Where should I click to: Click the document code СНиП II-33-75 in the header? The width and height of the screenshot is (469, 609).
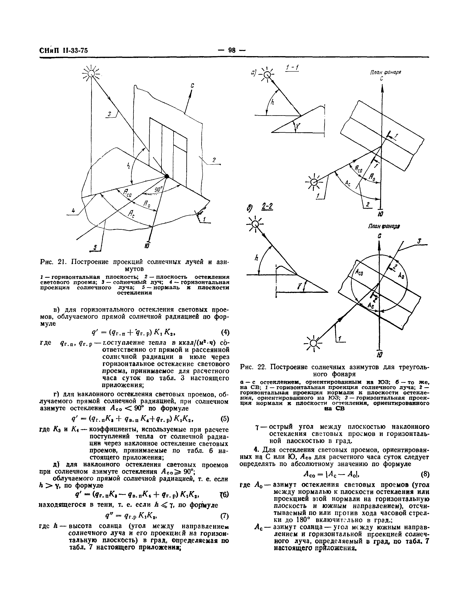pos(64,50)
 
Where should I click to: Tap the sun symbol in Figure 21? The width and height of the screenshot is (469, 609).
pos(91,74)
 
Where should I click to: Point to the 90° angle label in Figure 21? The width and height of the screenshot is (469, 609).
pos(158,190)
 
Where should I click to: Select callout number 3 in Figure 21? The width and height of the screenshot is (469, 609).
pos(110,114)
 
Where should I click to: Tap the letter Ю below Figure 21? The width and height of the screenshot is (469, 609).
pos(147,246)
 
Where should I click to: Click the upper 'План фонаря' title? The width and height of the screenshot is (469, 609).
pos(386,72)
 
